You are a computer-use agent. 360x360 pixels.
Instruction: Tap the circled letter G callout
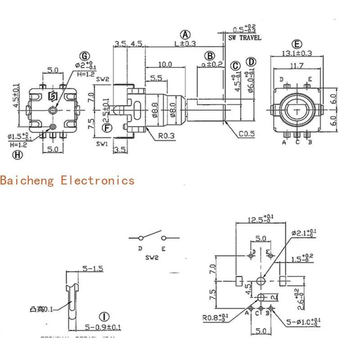tap(84, 56)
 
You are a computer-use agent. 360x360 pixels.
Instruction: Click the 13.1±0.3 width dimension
tap(297, 54)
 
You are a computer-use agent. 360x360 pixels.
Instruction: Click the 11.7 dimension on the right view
tap(296, 66)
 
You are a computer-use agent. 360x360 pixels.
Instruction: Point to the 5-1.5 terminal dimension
tap(93, 269)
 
